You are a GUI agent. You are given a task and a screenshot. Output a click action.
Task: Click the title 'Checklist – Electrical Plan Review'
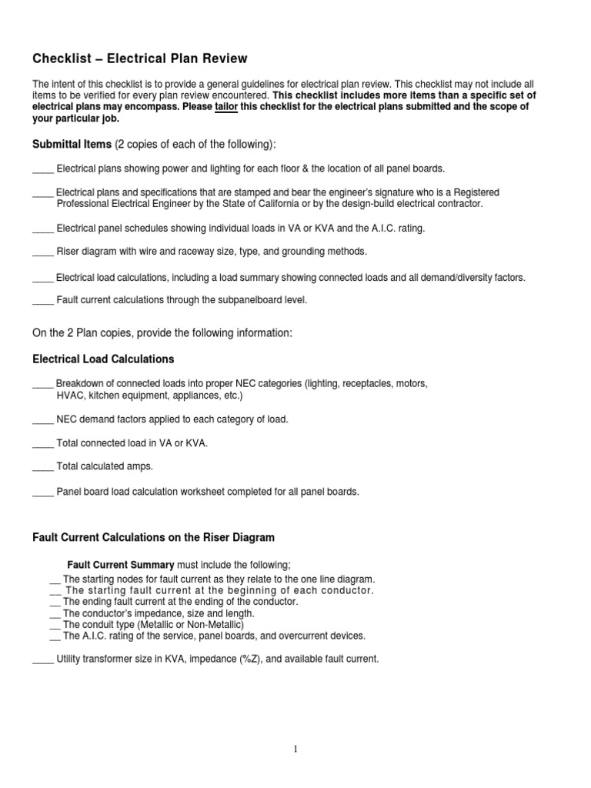tap(139, 58)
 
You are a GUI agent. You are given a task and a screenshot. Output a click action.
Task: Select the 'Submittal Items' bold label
tap(72, 145)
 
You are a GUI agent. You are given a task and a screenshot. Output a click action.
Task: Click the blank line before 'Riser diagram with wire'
tap(42, 252)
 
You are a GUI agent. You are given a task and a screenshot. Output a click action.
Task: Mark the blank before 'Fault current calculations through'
tap(42, 300)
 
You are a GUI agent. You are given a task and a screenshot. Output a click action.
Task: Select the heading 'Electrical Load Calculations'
tap(103, 359)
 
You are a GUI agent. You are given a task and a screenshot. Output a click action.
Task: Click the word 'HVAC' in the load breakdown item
tap(70, 396)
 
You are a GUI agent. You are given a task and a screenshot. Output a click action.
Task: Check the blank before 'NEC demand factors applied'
tap(42, 419)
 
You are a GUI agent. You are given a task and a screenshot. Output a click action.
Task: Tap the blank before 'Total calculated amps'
tap(42, 467)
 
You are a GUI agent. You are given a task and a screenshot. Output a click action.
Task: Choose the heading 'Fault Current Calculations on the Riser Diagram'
tap(153, 537)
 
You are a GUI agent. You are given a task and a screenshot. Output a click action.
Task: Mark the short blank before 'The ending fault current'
tap(55, 602)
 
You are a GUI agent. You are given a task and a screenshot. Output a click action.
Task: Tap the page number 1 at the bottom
tap(295, 746)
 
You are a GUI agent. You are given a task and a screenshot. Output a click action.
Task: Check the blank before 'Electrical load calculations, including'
tap(42, 277)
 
